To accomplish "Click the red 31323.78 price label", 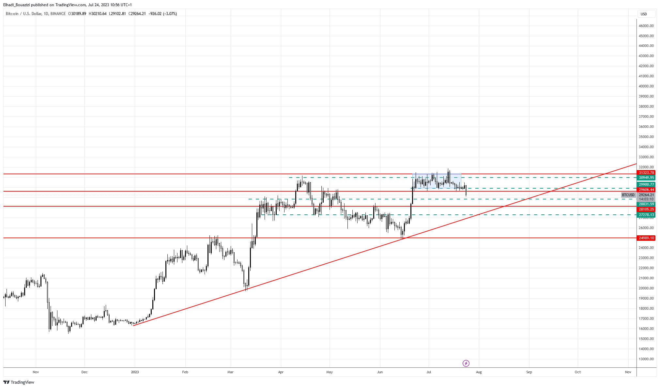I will (x=646, y=173).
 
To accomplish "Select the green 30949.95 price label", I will (x=646, y=178).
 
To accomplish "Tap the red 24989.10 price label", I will (x=646, y=238).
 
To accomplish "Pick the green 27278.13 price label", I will (x=646, y=215).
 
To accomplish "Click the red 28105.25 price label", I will (x=646, y=210).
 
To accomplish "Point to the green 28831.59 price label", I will (x=646, y=204).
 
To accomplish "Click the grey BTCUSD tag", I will (x=628, y=195).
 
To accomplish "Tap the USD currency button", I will (x=644, y=14).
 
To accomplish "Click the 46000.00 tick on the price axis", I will (x=646, y=26).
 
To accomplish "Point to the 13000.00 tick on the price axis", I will (x=646, y=359).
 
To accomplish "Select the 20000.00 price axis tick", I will (x=646, y=288).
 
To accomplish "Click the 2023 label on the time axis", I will (x=135, y=372).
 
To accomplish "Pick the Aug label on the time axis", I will (x=479, y=372).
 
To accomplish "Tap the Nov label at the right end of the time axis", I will (x=628, y=372).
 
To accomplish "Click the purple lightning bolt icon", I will (x=466, y=363).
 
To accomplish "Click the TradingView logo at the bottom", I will (x=19, y=382).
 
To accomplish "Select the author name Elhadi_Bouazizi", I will (x=16, y=5).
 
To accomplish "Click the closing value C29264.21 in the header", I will (x=137, y=14).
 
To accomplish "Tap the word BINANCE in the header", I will (x=58, y=14).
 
